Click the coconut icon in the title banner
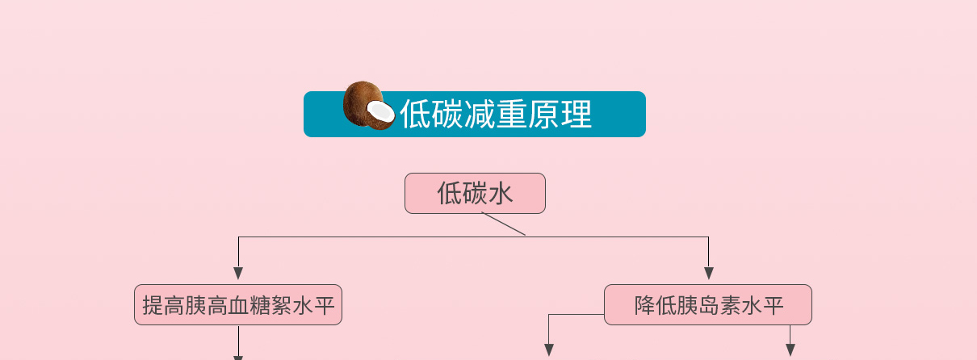point(369,106)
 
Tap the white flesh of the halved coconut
point(380,111)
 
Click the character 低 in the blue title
point(415,114)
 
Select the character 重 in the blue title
point(511,114)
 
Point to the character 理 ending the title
point(577,114)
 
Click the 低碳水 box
point(475,193)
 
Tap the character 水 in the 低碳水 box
point(501,193)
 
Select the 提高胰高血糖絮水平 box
point(238,304)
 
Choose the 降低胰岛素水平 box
point(708,304)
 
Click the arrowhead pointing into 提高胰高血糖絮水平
point(238,274)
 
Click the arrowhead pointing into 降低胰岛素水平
point(709,274)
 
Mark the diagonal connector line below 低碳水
point(503,224)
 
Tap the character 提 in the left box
point(153,305)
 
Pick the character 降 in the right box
point(644,305)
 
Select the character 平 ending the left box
point(324,305)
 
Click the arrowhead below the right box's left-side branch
point(549,350)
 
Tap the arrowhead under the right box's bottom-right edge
point(790,350)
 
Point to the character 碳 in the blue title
point(447,114)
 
